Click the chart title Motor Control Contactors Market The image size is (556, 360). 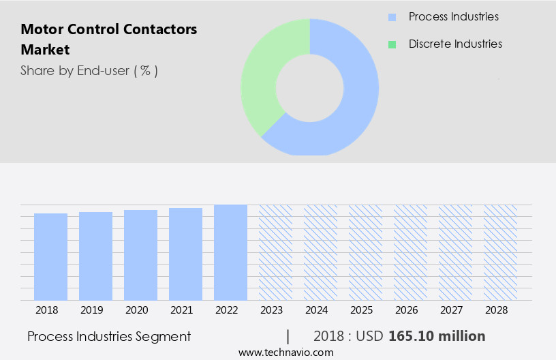pyautogui.click(x=109, y=40)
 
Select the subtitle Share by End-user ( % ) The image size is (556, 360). pyautogui.click(x=89, y=70)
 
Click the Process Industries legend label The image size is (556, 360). pyautogui.click(x=453, y=16)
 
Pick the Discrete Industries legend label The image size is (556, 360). pyautogui.click(x=455, y=44)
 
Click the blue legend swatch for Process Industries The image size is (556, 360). pyautogui.click(x=392, y=17)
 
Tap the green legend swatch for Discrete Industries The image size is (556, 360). pyautogui.click(x=392, y=44)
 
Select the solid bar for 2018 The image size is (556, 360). pyautogui.click(x=51, y=256)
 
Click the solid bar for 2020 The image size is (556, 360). pyautogui.click(x=140, y=255)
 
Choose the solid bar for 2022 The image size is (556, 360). pyautogui.click(x=230, y=252)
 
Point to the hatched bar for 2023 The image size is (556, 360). pyautogui.click(x=275, y=252)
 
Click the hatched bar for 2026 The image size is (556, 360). pyautogui.click(x=410, y=252)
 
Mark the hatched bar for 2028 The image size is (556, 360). pyautogui.click(x=500, y=252)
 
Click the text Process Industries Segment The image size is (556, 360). pyautogui.click(x=109, y=336)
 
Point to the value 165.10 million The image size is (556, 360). pyautogui.click(x=437, y=336)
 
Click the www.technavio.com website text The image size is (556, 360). pyautogui.click(x=286, y=352)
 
